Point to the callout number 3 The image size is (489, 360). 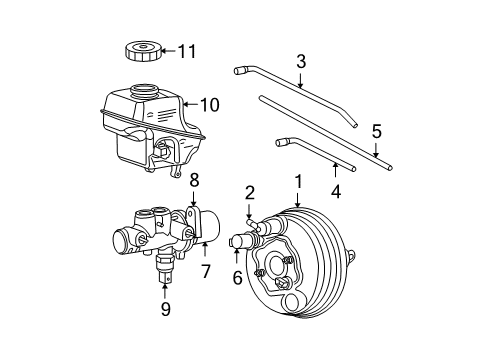301,63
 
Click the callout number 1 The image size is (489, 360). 298,182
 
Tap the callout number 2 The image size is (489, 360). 251,192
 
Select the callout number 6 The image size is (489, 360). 237,279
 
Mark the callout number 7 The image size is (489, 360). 207,271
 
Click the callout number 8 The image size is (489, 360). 194,181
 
